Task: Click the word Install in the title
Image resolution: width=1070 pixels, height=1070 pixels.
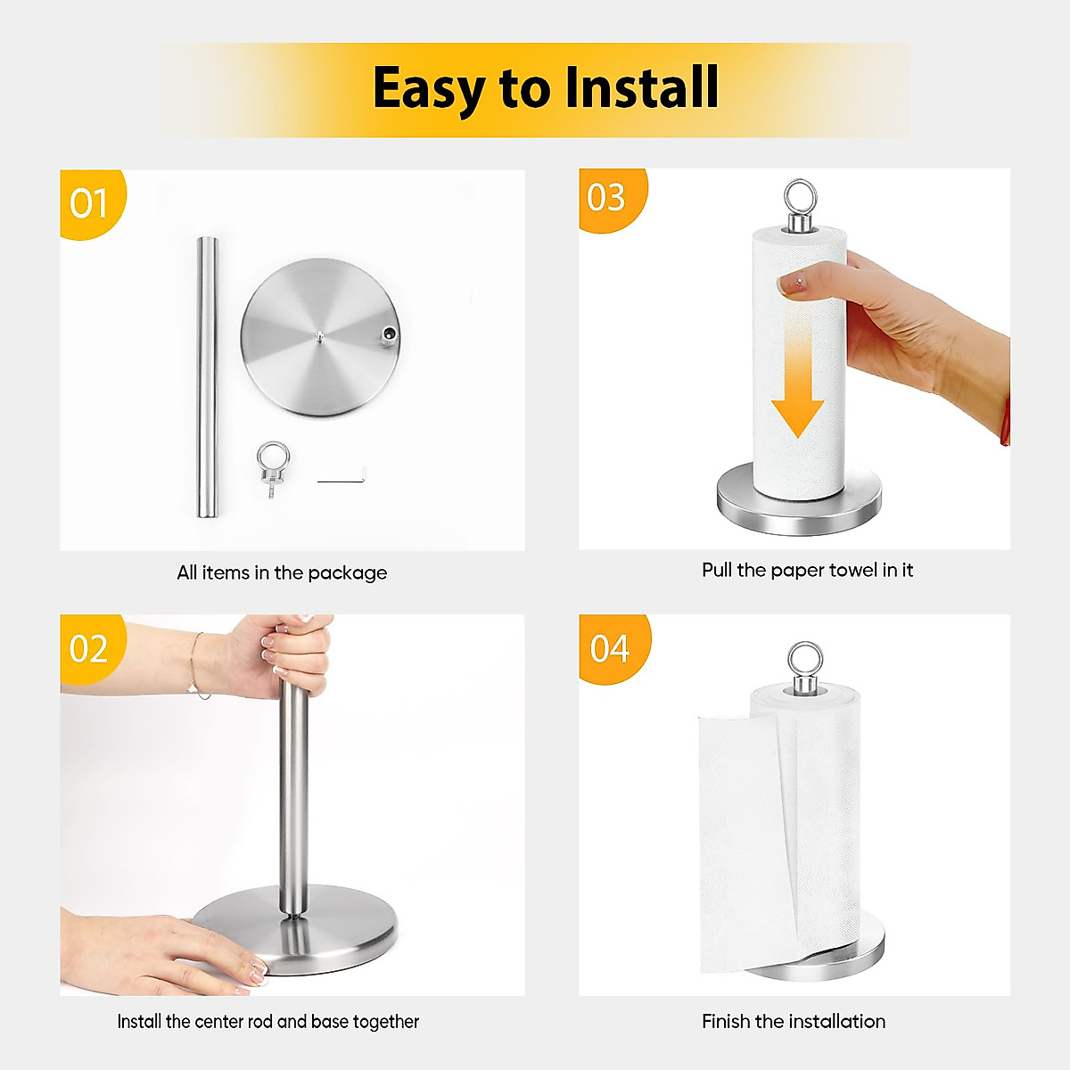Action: click(x=642, y=87)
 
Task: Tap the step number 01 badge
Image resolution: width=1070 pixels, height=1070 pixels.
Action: click(x=88, y=203)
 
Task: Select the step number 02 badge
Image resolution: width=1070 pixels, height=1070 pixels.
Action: click(x=88, y=648)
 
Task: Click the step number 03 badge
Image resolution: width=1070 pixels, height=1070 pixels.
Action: click(x=606, y=197)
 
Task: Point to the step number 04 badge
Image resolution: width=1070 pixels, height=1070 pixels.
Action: click(x=609, y=648)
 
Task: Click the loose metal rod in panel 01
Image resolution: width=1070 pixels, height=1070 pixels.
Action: click(x=207, y=374)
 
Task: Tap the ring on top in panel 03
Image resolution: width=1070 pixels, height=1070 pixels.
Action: click(x=799, y=198)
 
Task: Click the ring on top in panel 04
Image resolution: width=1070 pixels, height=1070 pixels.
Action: click(x=805, y=660)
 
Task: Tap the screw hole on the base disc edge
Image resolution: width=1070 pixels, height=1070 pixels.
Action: click(x=389, y=335)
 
